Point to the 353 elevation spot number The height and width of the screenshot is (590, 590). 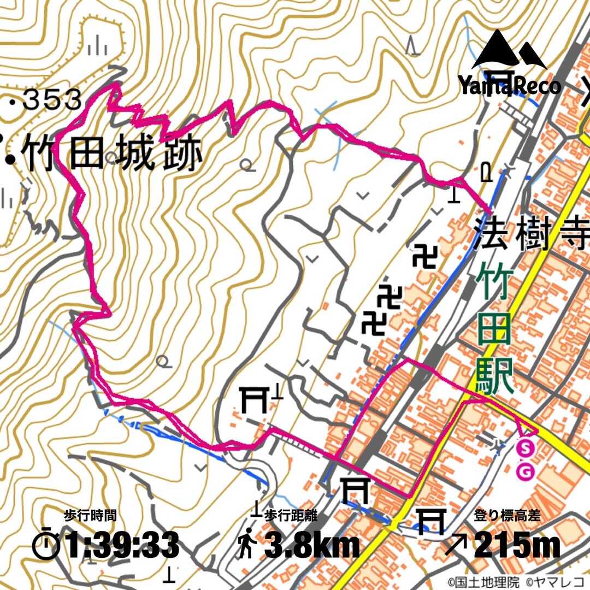point(53,100)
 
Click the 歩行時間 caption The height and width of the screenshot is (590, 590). point(90,516)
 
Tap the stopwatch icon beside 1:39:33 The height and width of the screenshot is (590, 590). point(47,544)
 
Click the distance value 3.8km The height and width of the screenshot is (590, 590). point(312,545)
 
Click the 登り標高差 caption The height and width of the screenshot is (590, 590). point(508,516)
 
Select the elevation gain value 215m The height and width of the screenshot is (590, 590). point(517,545)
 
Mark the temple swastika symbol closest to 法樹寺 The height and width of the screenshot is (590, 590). point(424,257)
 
